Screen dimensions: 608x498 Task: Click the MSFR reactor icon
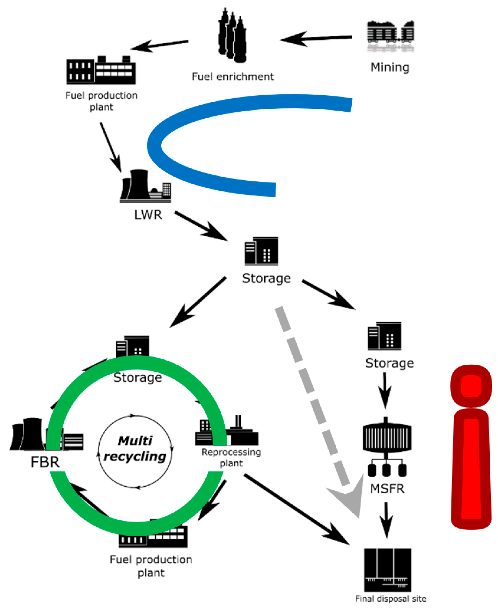coord(387,446)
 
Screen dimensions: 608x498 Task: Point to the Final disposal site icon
coord(387,569)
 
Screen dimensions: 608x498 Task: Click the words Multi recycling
coord(135,449)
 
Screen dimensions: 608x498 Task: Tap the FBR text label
coord(45,462)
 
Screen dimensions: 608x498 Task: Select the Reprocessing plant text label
coord(231,457)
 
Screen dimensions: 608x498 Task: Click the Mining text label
coord(390,67)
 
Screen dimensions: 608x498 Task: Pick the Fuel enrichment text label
coord(233,77)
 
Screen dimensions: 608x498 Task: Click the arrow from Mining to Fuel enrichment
coord(316,39)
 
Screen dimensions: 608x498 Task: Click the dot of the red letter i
coord(471,386)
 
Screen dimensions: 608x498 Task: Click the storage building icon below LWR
coord(261,251)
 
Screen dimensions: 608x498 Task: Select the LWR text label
coord(148,215)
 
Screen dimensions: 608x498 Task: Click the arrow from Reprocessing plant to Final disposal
coord(297,509)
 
